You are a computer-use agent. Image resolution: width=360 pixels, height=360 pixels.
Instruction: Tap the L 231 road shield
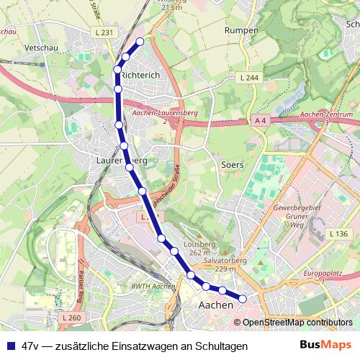coord(104,32)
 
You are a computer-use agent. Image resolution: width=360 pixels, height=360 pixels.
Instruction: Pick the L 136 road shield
coord(338,234)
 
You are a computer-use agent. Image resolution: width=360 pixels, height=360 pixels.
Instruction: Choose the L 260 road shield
coord(71,318)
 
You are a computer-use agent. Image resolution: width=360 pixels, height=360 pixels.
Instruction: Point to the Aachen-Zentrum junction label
coord(326,114)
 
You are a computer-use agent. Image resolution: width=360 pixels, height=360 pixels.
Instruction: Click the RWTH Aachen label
coord(154,287)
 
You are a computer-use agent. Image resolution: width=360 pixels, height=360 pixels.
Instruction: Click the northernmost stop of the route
coord(140,42)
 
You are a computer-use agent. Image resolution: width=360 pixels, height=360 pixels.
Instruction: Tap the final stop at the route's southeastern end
coord(243,298)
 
